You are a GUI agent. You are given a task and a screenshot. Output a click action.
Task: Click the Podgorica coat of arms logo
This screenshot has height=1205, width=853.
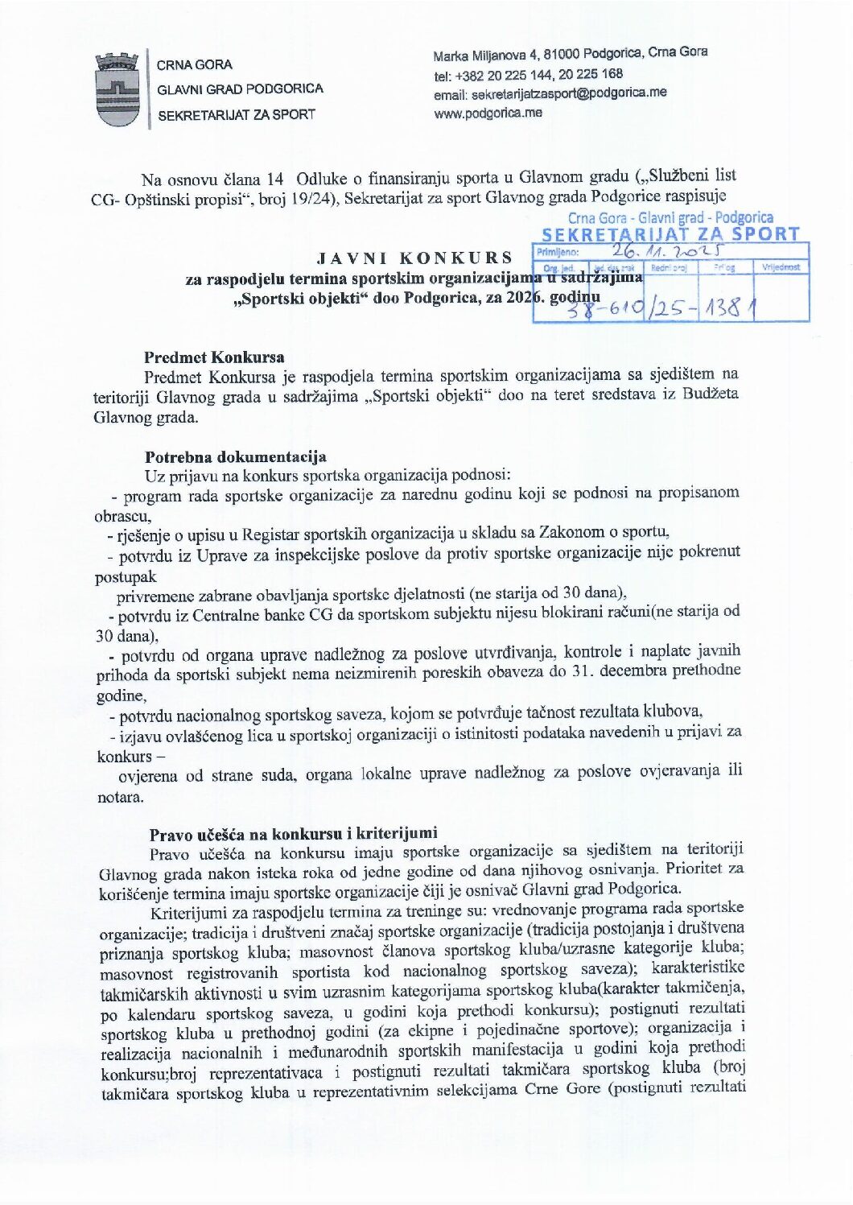(117, 89)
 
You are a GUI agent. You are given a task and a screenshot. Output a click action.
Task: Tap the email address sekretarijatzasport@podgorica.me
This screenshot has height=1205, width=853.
(550, 93)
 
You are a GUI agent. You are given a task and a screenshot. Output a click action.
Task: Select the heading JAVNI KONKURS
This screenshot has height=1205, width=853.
(415, 258)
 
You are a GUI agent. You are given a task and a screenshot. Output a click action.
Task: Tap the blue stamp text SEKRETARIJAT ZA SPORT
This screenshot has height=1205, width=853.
(670, 234)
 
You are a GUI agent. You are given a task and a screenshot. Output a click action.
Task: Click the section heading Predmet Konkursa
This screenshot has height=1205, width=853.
(214, 357)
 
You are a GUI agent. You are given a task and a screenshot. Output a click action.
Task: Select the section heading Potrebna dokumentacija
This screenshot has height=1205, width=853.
(235, 458)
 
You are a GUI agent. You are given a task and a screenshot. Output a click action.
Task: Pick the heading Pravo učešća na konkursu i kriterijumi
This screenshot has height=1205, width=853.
(294, 833)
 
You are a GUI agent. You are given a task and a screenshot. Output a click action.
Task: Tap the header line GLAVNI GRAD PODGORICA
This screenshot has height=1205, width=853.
(240, 89)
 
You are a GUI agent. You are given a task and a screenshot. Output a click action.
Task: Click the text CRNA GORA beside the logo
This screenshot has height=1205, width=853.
(195, 65)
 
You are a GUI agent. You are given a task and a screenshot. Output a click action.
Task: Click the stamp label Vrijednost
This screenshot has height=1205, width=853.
(781, 266)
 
